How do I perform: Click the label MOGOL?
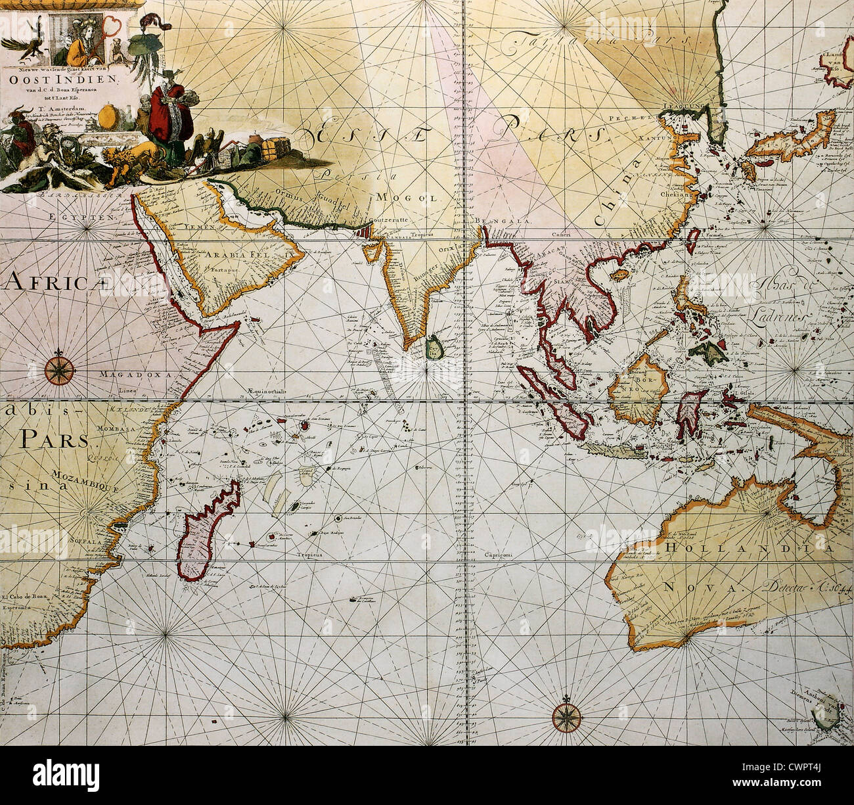407,196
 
